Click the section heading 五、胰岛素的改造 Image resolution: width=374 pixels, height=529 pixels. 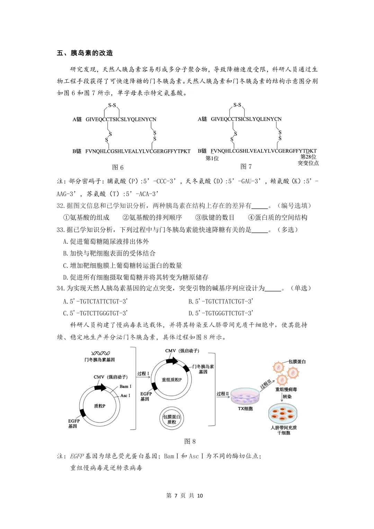pyautogui.click(x=85, y=53)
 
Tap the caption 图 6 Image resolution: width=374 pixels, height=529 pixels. pyautogui.click(x=118, y=167)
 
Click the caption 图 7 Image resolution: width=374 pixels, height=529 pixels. pyautogui.click(x=246, y=167)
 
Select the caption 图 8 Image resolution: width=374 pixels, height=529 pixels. pyautogui.click(x=190, y=441)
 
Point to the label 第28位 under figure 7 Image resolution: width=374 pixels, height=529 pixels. pyautogui.click(x=308, y=157)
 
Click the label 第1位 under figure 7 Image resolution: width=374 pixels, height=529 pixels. pyautogui.click(x=212, y=158)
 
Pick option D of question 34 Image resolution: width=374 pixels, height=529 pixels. pyautogui.click(x=221, y=313)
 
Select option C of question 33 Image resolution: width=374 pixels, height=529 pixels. pyautogui.click(x=123, y=265)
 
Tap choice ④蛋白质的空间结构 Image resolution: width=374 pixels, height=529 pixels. pyautogui.click(x=278, y=218)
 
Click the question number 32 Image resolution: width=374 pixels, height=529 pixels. pyautogui.click(x=61, y=206)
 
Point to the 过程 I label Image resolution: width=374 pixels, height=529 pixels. pyautogui.click(x=143, y=373)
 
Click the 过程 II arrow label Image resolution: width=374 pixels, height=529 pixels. pyautogui.click(x=223, y=394)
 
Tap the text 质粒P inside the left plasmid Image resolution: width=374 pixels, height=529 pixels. pyautogui.click(x=100, y=406)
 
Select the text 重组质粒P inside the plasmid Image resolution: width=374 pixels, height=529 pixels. pyautogui.click(x=171, y=380)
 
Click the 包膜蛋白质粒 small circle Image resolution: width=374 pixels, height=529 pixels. pyautogui.click(x=171, y=419)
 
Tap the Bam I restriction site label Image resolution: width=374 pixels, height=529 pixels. pyautogui.click(x=125, y=386)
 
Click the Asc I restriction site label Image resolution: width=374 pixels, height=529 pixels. pyautogui.click(x=125, y=395)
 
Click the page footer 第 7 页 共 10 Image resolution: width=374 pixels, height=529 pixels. pyautogui.click(x=185, y=495)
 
